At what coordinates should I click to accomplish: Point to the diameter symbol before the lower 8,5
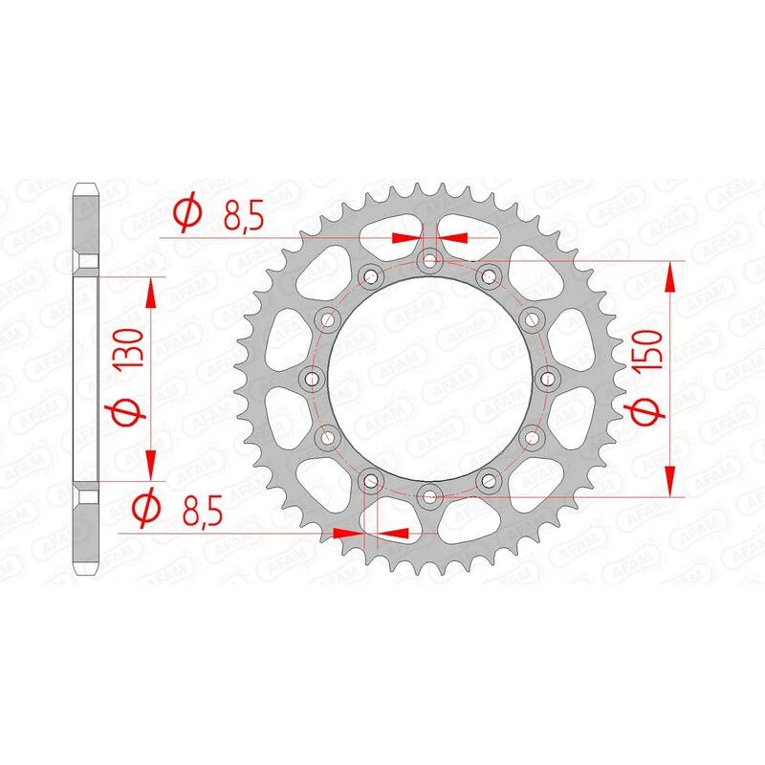pyautogui.click(x=146, y=510)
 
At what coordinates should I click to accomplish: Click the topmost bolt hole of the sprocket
pyautogui.click(x=430, y=260)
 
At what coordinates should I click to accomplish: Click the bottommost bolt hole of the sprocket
pyautogui.click(x=430, y=495)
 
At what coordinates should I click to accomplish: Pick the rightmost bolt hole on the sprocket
pyautogui.click(x=548, y=379)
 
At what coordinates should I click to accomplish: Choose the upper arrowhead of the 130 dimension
pyautogui.click(x=150, y=292)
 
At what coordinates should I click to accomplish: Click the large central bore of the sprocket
pyautogui.click(x=430, y=379)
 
